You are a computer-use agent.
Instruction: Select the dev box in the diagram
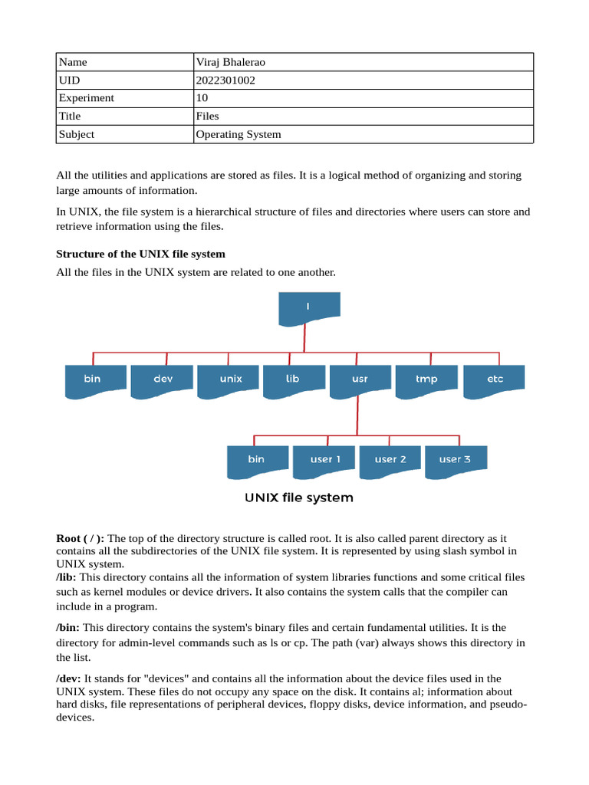coord(163,379)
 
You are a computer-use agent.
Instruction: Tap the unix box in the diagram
coord(230,379)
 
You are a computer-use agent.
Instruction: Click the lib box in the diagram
coord(293,379)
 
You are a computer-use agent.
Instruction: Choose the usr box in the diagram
coord(359,379)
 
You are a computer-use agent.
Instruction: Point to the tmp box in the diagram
coord(426,379)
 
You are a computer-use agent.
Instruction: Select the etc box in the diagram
coord(495,379)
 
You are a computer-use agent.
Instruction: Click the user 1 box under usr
coord(324,460)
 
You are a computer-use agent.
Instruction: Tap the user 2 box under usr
coord(390,460)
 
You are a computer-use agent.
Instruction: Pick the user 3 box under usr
coord(456,460)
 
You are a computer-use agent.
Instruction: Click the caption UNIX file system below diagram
coord(299,498)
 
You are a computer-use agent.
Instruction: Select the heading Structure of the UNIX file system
coord(140,254)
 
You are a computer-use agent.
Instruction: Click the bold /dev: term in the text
coord(68,678)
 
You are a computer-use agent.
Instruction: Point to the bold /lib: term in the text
coord(67,577)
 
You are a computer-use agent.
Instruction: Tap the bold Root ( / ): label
coord(81,539)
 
